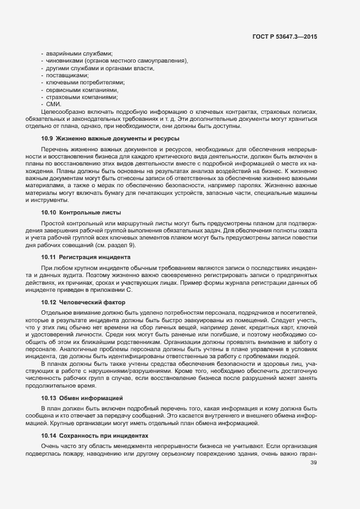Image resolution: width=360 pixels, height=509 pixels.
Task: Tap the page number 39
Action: [313, 463]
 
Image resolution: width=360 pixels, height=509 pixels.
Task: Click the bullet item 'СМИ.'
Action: [53, 103]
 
